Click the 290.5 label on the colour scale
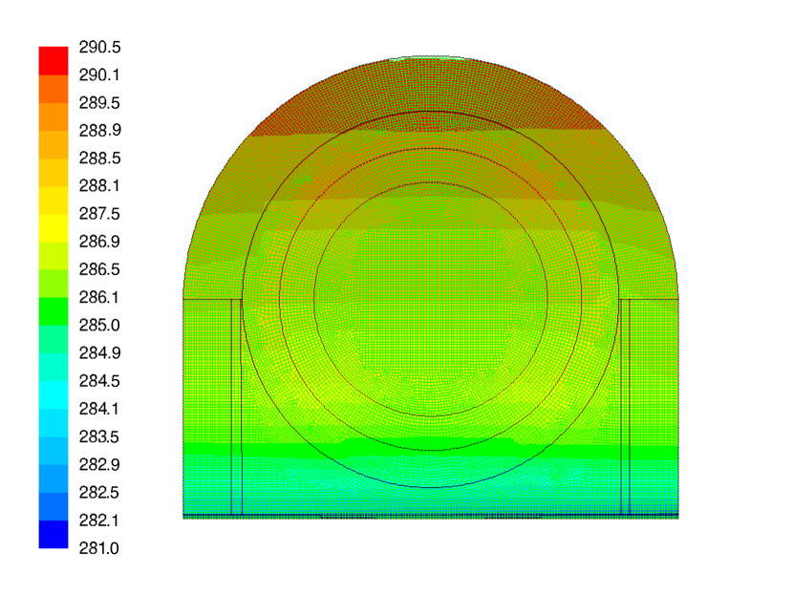[99, 48]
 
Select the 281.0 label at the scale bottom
[98, 548]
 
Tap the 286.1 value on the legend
[98, 297]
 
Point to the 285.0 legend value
[99, 325]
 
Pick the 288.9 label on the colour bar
[99, 131]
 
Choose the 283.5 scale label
[98, 436]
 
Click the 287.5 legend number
[99, 214]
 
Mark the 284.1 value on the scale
[98, 409]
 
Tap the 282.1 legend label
[98, 521]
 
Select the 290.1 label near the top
[99, 75]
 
